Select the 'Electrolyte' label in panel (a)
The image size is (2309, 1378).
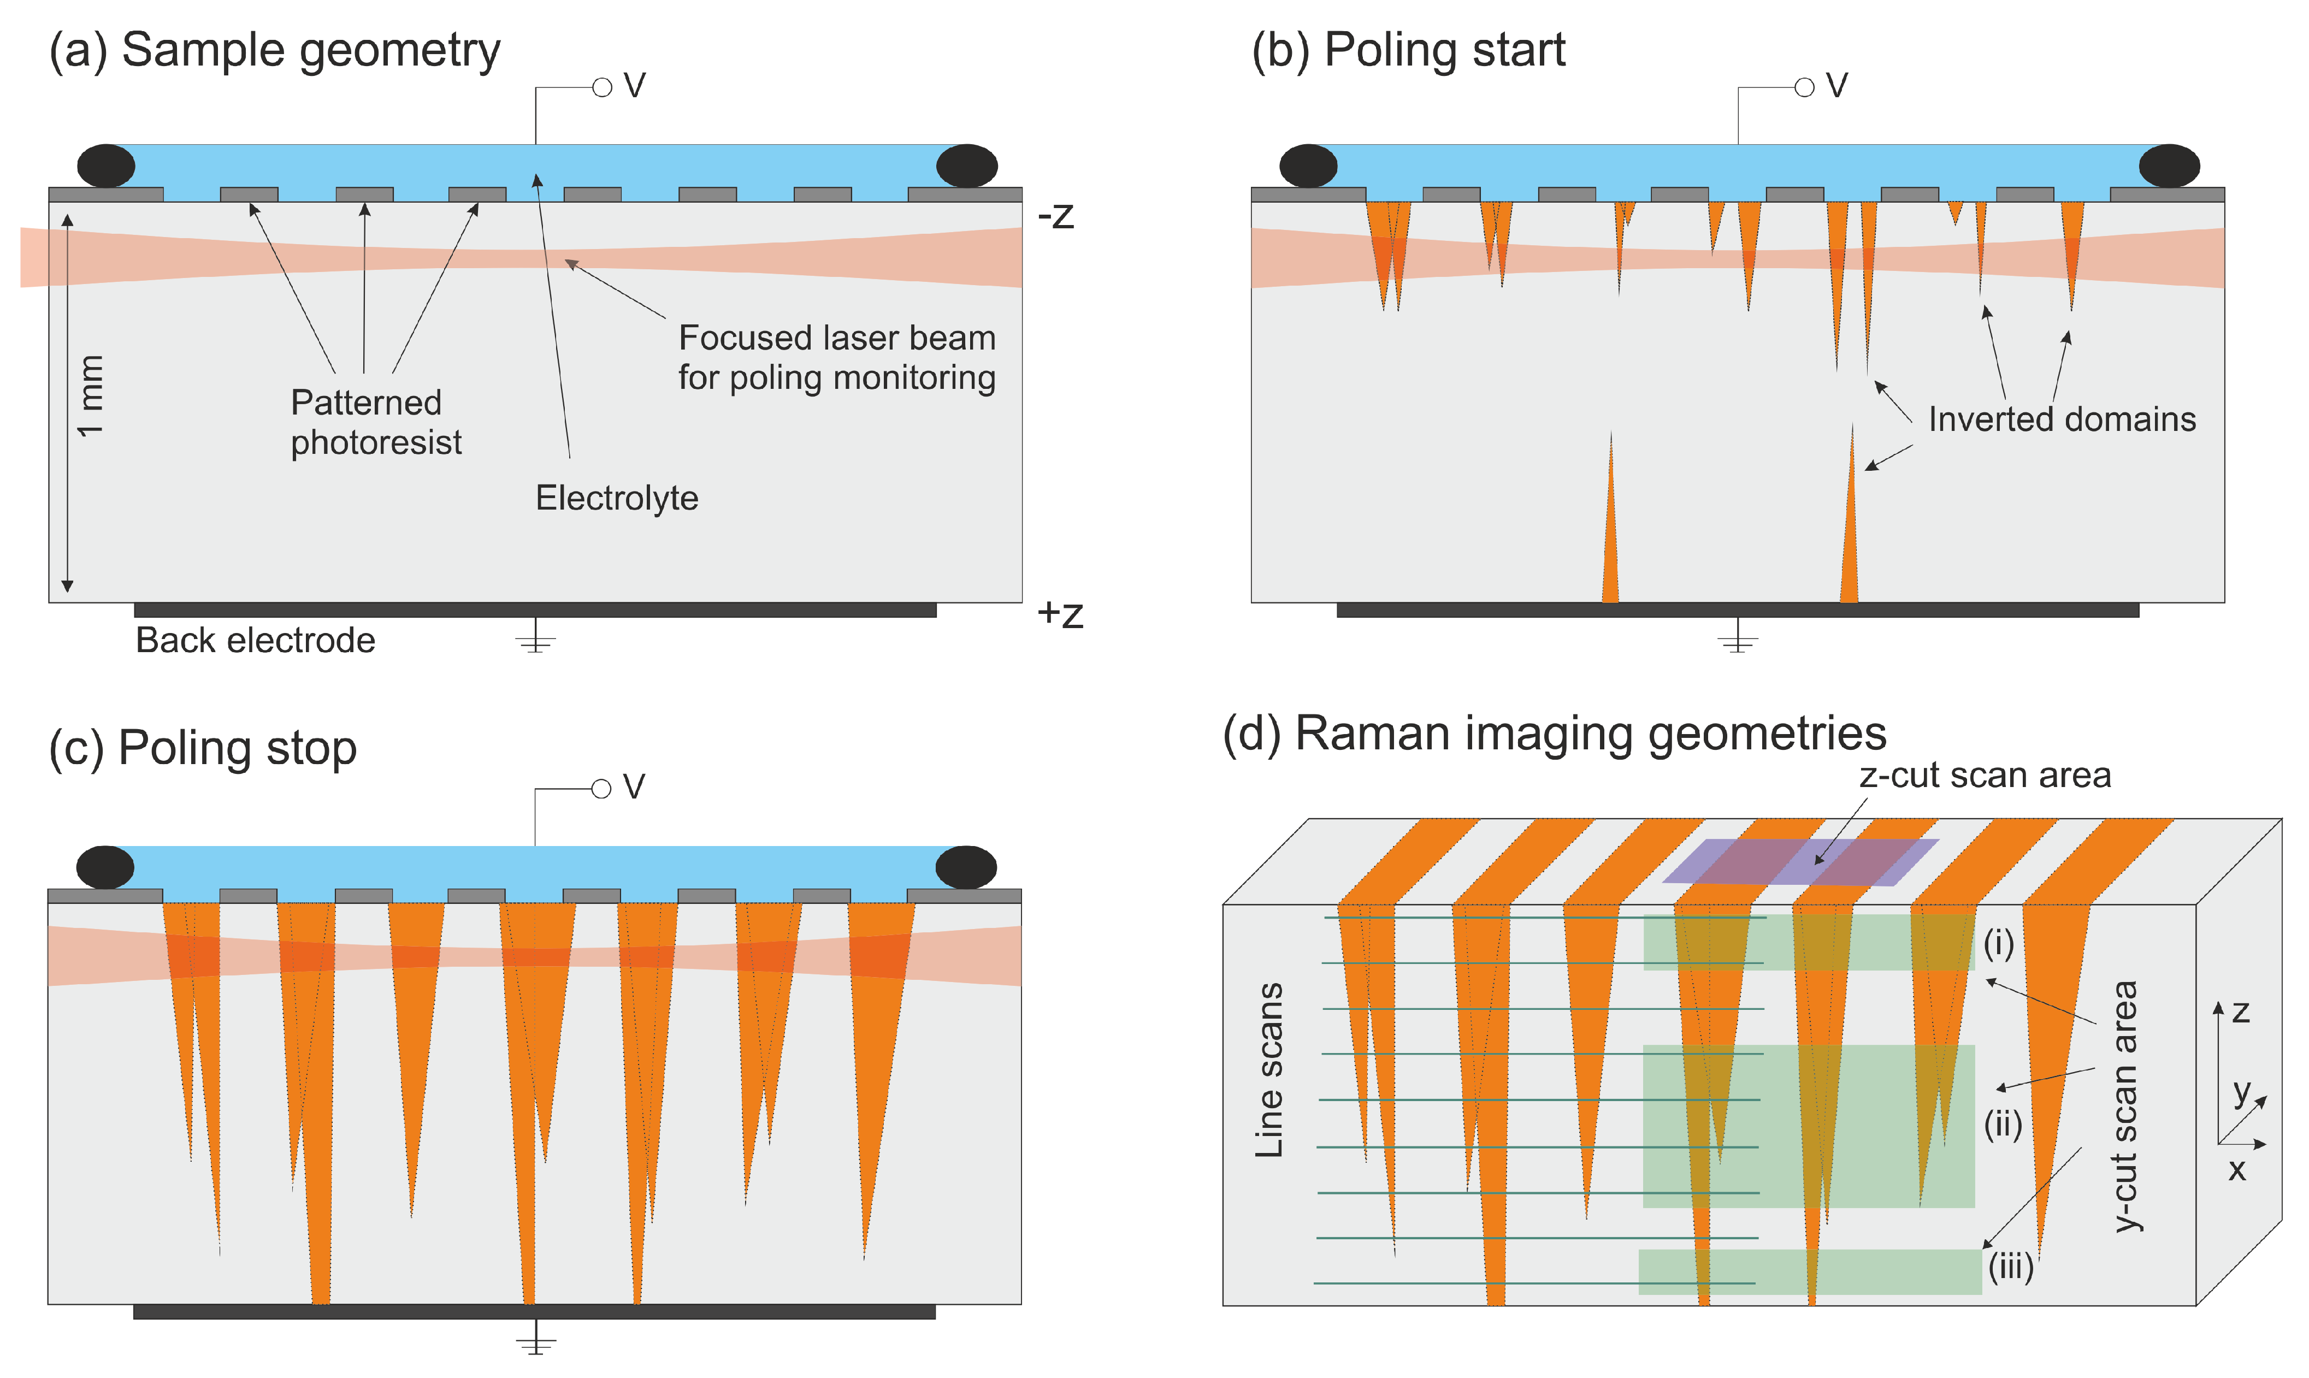coord(617,499)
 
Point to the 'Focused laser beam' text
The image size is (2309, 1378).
coord(836,338)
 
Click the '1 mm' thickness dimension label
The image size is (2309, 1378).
coord(90,395)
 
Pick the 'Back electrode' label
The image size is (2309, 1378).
coord(255,641)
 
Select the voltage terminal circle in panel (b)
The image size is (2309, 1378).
coord(1804,87)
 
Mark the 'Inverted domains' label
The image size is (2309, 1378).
coord(2062,419)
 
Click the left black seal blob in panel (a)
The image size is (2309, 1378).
coord(106,166)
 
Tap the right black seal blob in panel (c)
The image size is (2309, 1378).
coord(966,867)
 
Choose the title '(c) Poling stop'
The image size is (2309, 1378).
coord(203,748)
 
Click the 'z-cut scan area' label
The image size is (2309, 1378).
coord(1985,776)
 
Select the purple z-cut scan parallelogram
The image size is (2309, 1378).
coord(1800,862)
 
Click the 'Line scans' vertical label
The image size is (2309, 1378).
coord(1269,1070)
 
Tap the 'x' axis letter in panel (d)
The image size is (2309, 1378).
coord(2237,1171)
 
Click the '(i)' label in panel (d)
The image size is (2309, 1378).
coord(1999,944)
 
